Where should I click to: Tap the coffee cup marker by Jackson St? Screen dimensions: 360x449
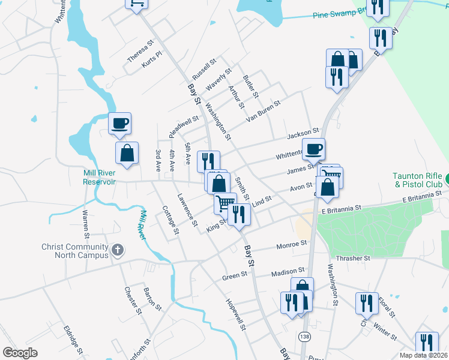(313, 149)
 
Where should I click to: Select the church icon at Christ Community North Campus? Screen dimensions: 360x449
(118, 249)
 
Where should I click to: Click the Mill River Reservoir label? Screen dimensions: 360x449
(99, 177)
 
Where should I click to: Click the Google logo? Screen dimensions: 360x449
(20, 353)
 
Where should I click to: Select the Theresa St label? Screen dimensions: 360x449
(141, 51)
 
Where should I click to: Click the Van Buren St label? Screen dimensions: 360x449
(263, 111)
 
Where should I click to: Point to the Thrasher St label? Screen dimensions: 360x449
(353, 258)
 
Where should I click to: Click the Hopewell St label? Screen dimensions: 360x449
(236, 315)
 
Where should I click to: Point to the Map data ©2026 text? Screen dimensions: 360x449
(424, 355)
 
